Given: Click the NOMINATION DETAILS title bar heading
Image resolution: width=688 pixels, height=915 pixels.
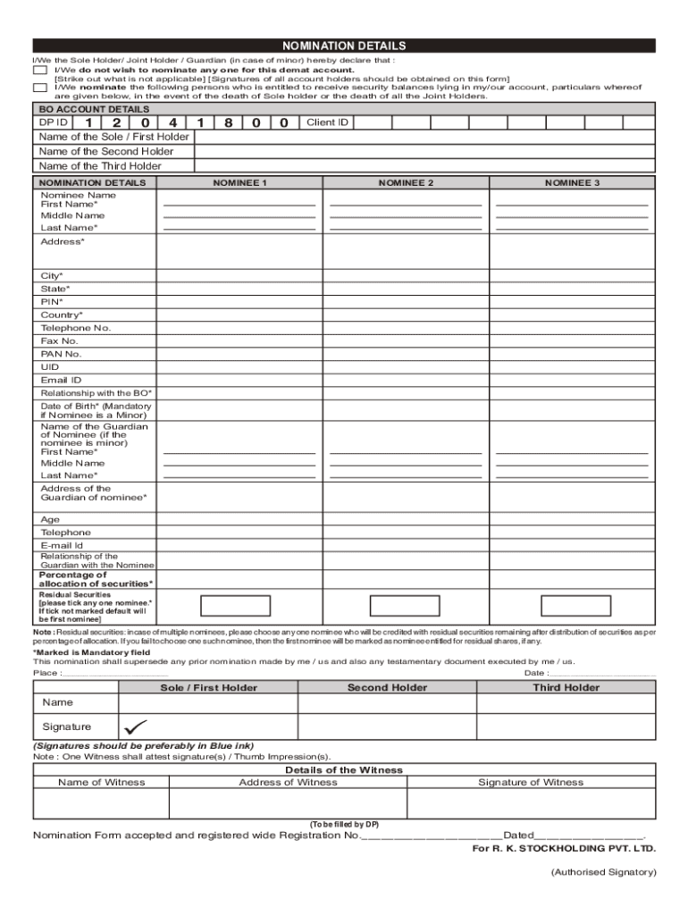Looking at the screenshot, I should tap(344, 46).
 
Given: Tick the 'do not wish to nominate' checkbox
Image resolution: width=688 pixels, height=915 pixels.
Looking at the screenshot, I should tap(39, 70).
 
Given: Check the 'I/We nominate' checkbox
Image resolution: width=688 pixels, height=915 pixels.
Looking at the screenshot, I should tap(39, 88).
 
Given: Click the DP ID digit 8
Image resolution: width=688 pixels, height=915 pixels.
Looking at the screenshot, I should tap(229, 122).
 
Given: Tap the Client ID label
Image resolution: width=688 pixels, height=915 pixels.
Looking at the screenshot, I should tap(327, 122).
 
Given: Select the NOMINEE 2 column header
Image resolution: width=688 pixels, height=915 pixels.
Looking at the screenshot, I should tap(406, 182).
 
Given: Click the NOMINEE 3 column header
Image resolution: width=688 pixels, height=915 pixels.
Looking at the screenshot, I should tap(573, 182).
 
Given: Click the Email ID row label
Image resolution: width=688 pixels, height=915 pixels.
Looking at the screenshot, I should tap(61, 380).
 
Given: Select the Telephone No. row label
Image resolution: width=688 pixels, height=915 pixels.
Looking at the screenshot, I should tap(76, 328).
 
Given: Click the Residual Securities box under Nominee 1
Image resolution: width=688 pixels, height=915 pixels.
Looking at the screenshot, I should tap(236, 606).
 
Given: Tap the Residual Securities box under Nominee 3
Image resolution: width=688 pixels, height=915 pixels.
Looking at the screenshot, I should tap(567, 606).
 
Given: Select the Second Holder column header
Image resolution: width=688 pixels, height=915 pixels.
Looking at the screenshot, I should tap(387, 687).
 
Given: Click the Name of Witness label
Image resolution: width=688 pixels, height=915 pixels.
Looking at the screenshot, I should tap(101, 782).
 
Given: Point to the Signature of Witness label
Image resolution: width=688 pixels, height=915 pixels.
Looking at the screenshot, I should tap(530, 782).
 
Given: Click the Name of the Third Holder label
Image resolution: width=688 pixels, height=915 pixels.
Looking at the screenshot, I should tap(100, 166).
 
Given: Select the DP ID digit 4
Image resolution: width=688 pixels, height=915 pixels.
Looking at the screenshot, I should tap(172, 122).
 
